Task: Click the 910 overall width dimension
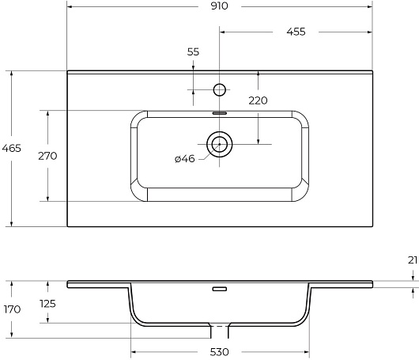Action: [220, 6]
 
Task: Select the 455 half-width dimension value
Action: [296, 32]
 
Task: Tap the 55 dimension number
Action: [193, 51]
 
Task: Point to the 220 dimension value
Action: [258, 100]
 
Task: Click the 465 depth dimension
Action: [11, 148]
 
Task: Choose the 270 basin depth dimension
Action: [47, 156]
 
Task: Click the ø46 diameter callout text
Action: [185, 159]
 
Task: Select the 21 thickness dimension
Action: [413, 260]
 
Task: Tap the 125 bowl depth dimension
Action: [47, 304]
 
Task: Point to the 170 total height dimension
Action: [13, 309]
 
